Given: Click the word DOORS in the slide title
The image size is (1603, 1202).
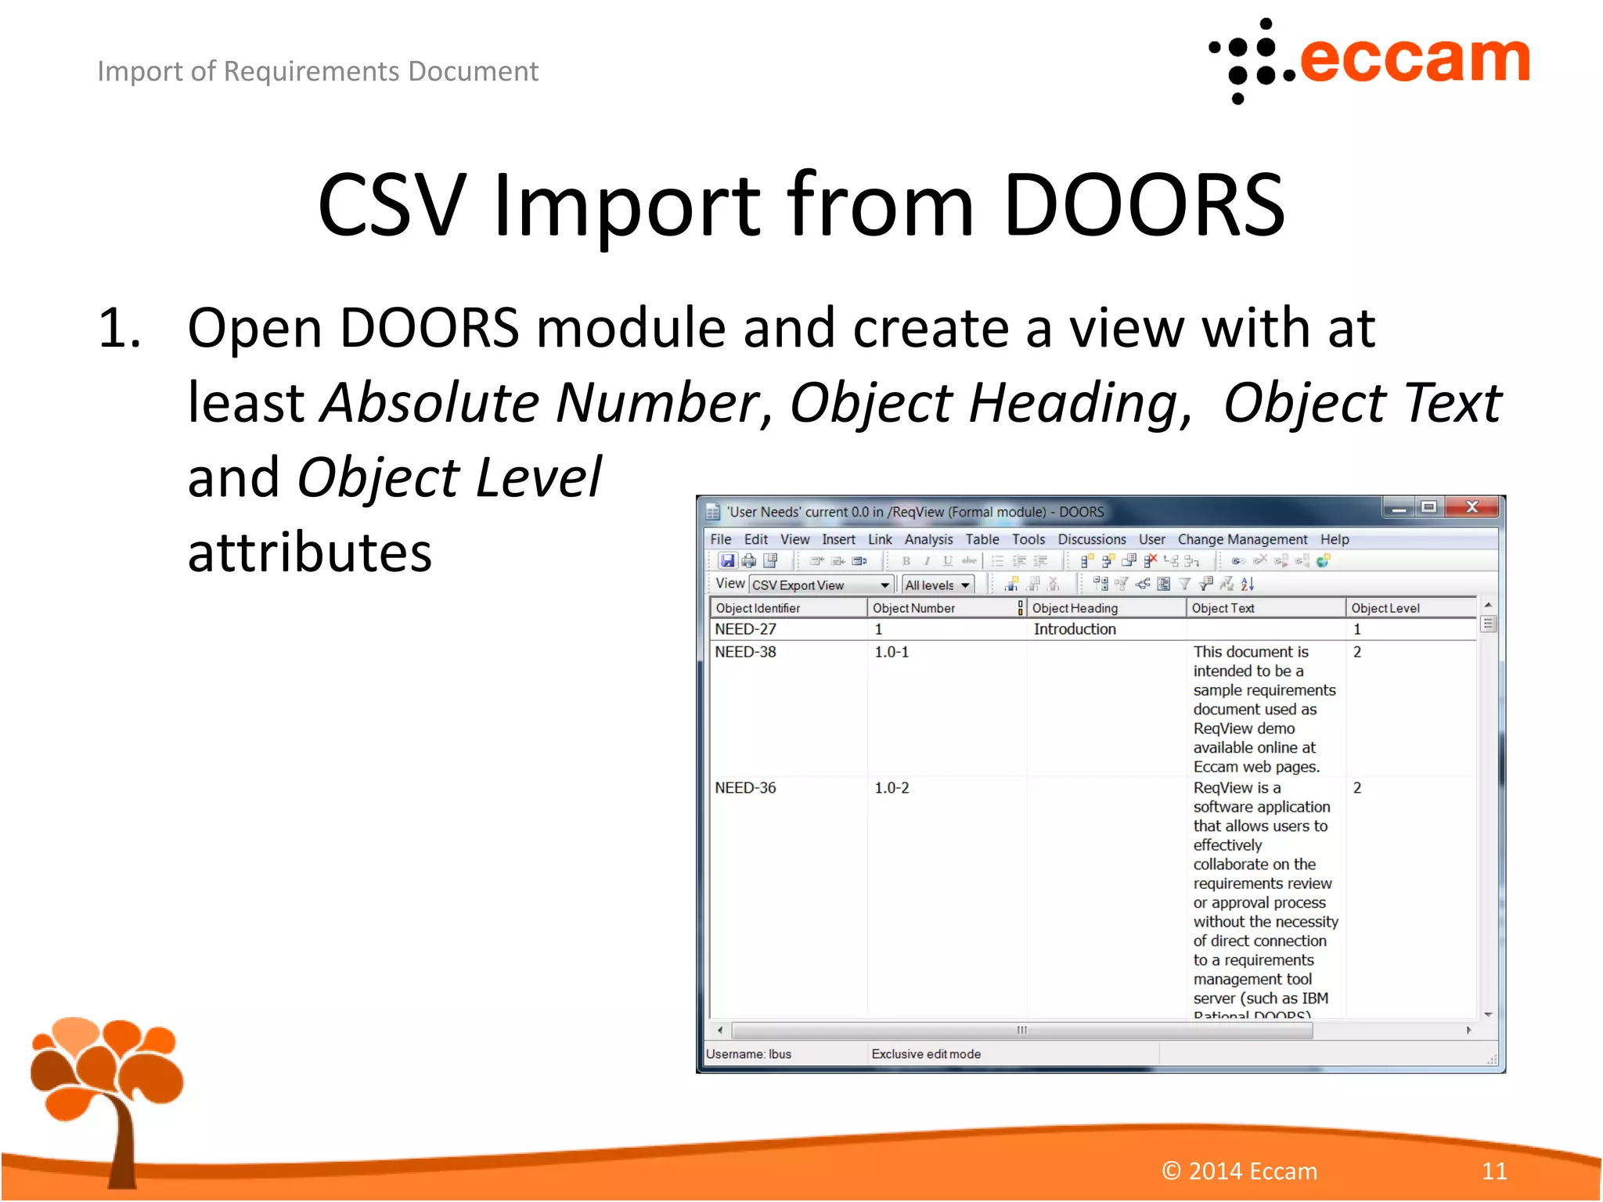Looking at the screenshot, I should coord(1144,205).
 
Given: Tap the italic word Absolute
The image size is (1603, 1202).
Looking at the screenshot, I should coord(430,403).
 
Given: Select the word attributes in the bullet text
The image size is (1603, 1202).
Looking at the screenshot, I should coord(310,552).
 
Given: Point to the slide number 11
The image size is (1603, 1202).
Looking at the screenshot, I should coord(1493,1171).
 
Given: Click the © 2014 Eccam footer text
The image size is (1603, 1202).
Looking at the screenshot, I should coord(1239,1171).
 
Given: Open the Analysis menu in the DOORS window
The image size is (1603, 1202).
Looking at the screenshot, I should coord(928,539).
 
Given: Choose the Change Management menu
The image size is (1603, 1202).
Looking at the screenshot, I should coord(1242,539).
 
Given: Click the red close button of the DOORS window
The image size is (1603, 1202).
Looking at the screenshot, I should coord(1472,507).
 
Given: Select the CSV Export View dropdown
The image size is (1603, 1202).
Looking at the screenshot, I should coord(821,585).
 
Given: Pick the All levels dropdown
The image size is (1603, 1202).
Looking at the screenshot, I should coord(937,585).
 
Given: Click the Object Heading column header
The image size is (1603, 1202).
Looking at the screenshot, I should coord(1075,608).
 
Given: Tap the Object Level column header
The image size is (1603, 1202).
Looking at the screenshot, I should coord(1385,608).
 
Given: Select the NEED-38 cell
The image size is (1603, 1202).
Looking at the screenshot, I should coord(745,652).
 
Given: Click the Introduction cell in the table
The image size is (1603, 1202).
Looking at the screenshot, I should coord(1075,629).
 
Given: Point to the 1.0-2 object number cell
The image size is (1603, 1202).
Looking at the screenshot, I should coord(892,788).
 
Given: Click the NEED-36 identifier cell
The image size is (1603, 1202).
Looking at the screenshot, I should coord(745,788).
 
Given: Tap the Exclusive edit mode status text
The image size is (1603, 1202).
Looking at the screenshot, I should coord(926,1054).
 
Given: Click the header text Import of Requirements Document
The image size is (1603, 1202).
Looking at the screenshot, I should coord(318,71).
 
